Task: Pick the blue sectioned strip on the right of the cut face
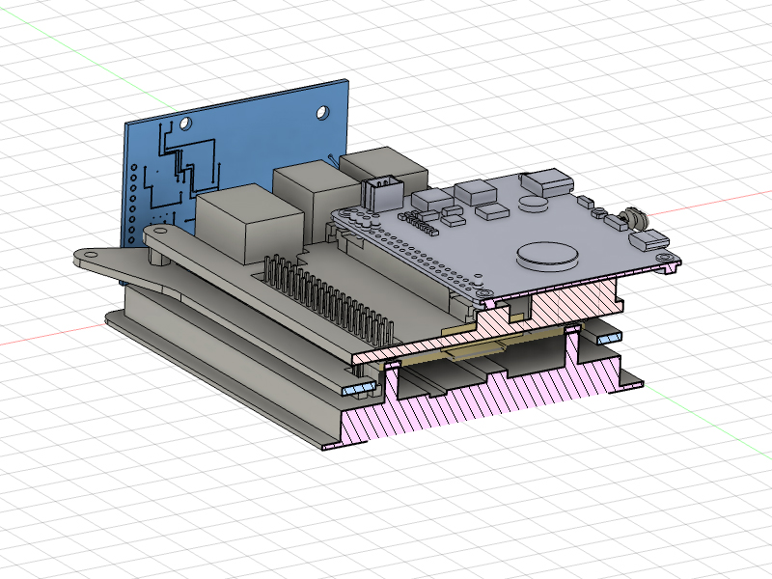tap(607, 339)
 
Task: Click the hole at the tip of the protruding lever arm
tap(90, 256)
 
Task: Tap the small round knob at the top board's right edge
tap(634, 219)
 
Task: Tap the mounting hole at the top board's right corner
tap(665, 258)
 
